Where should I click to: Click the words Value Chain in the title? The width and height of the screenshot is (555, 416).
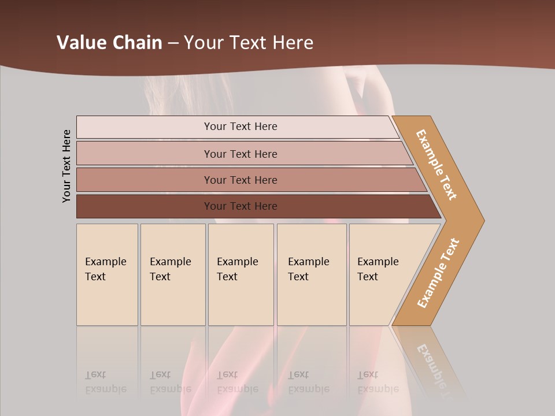coord(109,43)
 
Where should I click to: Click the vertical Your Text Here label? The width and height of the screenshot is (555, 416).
coord(66,166)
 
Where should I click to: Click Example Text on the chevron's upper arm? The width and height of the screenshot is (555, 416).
coord(436,165)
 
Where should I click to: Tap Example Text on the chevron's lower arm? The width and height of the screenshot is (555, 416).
coord(438,273)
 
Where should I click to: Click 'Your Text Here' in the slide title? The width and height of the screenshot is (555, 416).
coord(249,43)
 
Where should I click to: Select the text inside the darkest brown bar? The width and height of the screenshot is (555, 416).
coord(240,206)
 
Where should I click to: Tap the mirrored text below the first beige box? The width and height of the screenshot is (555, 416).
coord(105,382)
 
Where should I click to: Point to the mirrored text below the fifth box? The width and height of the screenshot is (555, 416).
coord(378,382)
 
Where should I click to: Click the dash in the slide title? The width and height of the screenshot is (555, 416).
coord(173,43)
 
